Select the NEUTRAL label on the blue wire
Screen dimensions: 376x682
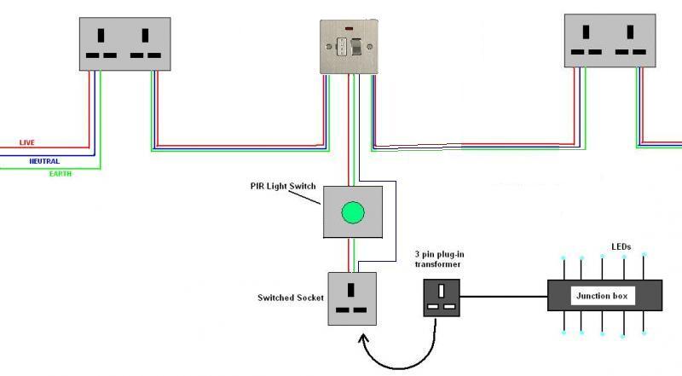click(x=43, y=160)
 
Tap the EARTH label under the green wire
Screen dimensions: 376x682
click(x=60, y=174)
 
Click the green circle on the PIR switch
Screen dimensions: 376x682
click(x=353, y=212)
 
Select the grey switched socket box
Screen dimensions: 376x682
click(x=353, y=298)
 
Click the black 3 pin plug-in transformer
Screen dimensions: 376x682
click(x=442, y=298)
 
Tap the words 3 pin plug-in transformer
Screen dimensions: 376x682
click(x=438, y=258)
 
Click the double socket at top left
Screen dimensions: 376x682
click(x=124, y=44)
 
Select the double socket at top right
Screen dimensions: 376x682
click(x=610, y=40)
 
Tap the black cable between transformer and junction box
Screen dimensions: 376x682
click(x=503, y=298)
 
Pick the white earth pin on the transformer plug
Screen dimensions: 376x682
click(x=442, y=290)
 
